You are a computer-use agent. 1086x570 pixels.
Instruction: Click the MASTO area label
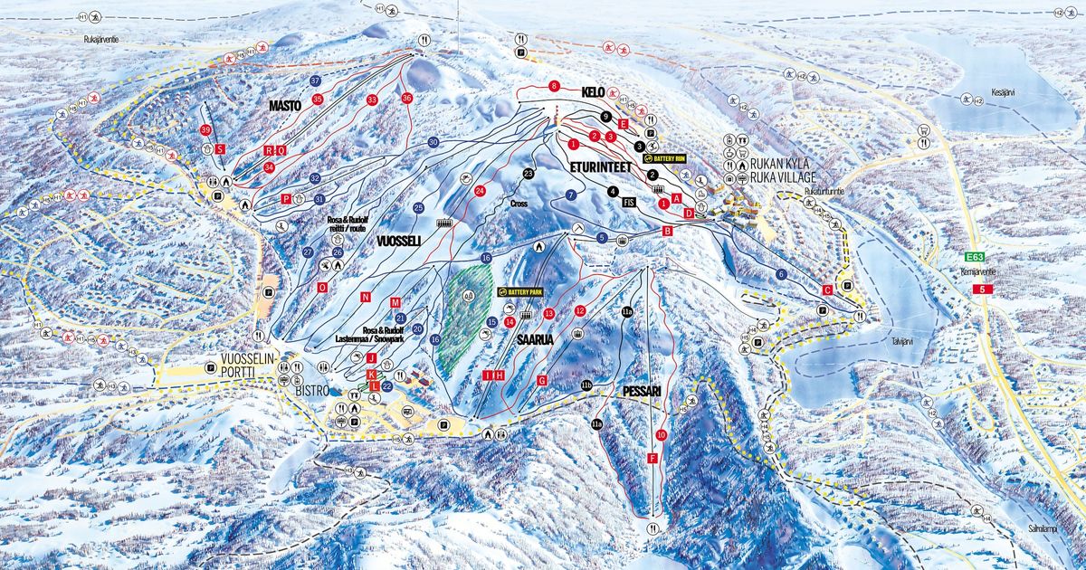(285, 106)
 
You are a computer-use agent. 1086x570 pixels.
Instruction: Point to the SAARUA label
(534, 339)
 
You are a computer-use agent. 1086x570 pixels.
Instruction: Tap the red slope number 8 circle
(554, 86)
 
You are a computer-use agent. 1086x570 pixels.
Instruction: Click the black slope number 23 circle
(529, 174)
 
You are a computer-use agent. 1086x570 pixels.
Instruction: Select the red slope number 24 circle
(481, 190)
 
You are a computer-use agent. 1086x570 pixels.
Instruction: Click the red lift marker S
(220, 148)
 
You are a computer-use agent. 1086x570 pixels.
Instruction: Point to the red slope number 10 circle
(662, 435)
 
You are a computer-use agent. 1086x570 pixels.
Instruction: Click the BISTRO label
(310, 391)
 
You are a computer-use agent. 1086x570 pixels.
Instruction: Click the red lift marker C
(827, 290)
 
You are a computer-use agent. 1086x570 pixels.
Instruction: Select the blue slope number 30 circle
(433, 142)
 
